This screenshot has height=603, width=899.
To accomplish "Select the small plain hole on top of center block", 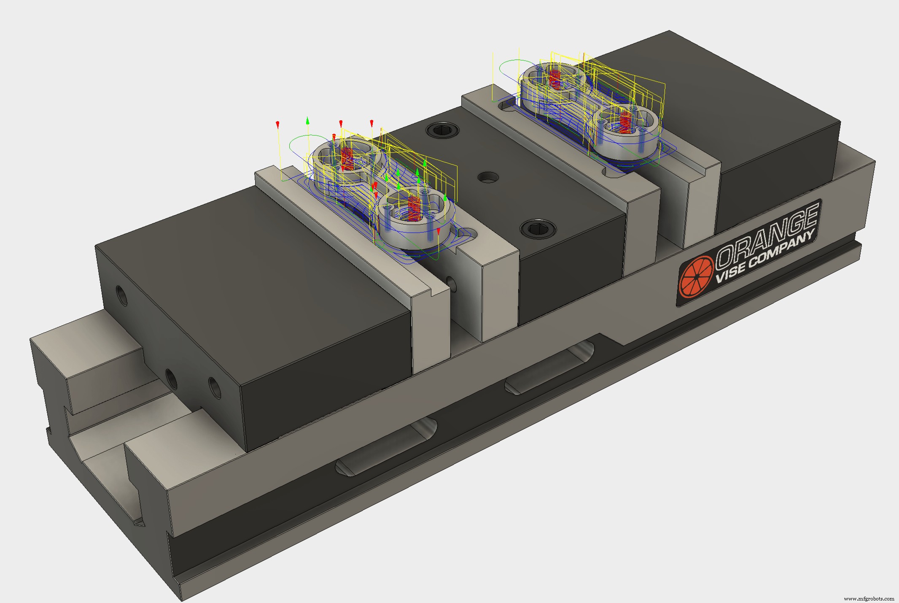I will tap(487, 177).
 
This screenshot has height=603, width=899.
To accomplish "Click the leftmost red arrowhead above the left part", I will tap(277, 124).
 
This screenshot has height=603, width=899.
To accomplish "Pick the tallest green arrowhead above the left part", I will tap(308, 121).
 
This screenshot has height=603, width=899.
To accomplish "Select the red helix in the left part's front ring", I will tap(414, 208).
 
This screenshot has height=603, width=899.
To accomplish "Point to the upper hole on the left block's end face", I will tap(122, 295).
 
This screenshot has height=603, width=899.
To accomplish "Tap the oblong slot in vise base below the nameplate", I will tap(549, 369).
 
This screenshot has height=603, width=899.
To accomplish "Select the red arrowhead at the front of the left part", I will tap(439, 231).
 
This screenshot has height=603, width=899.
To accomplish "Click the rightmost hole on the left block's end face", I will tap(215, 388).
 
